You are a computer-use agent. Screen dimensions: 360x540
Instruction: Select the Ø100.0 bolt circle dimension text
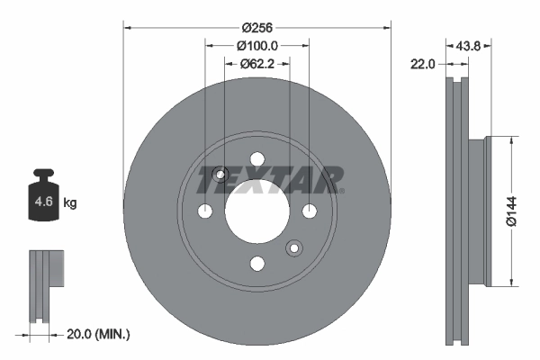(256, 46)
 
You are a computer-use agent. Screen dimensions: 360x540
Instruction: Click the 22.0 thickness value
(425, 63)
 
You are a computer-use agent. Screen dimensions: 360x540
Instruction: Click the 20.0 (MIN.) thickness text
(98, 334)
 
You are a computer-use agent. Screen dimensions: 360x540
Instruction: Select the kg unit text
(70, 203)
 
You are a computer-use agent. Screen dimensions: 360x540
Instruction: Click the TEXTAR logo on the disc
(270, 179)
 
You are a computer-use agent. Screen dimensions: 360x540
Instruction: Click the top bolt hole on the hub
(257, 159)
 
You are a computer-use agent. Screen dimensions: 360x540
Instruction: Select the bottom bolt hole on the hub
(257, 263)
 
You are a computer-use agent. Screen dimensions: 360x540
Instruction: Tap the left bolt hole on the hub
(205, 211)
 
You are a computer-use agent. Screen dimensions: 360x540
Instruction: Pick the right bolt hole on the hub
(310, 211)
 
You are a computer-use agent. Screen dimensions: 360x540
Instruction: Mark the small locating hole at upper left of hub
(221, 174)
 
